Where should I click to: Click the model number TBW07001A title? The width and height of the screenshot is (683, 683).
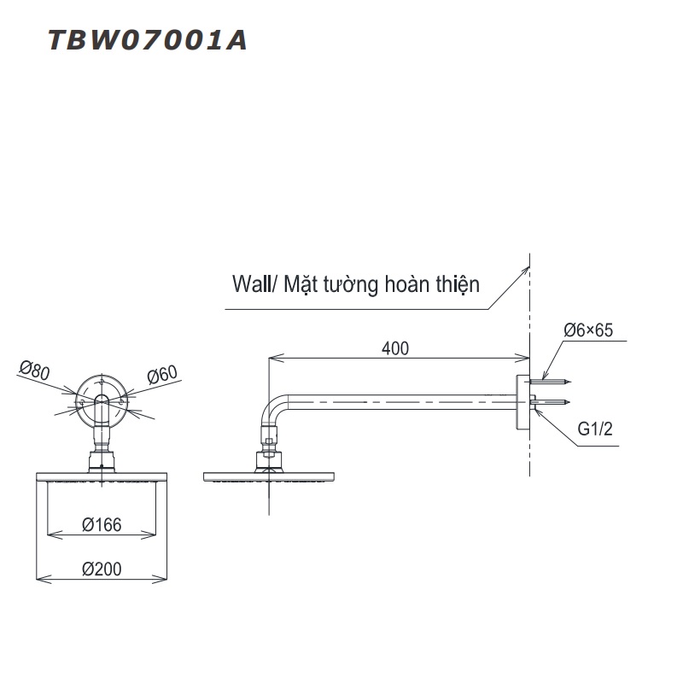[x=147, y=40]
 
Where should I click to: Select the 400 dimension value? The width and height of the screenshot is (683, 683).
[x=395, y=347]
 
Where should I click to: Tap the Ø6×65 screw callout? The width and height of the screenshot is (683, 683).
[x=589, y=330]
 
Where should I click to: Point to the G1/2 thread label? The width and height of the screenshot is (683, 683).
[x=595, y=429]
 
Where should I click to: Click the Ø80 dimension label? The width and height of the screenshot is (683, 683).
[x=32, y=370]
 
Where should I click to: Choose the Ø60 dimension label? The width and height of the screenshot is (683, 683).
[x=161, y=374]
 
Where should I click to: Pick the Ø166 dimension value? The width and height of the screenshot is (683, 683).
[x=102, y=526]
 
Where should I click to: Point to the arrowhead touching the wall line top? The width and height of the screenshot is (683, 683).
[x=524, y=267]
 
